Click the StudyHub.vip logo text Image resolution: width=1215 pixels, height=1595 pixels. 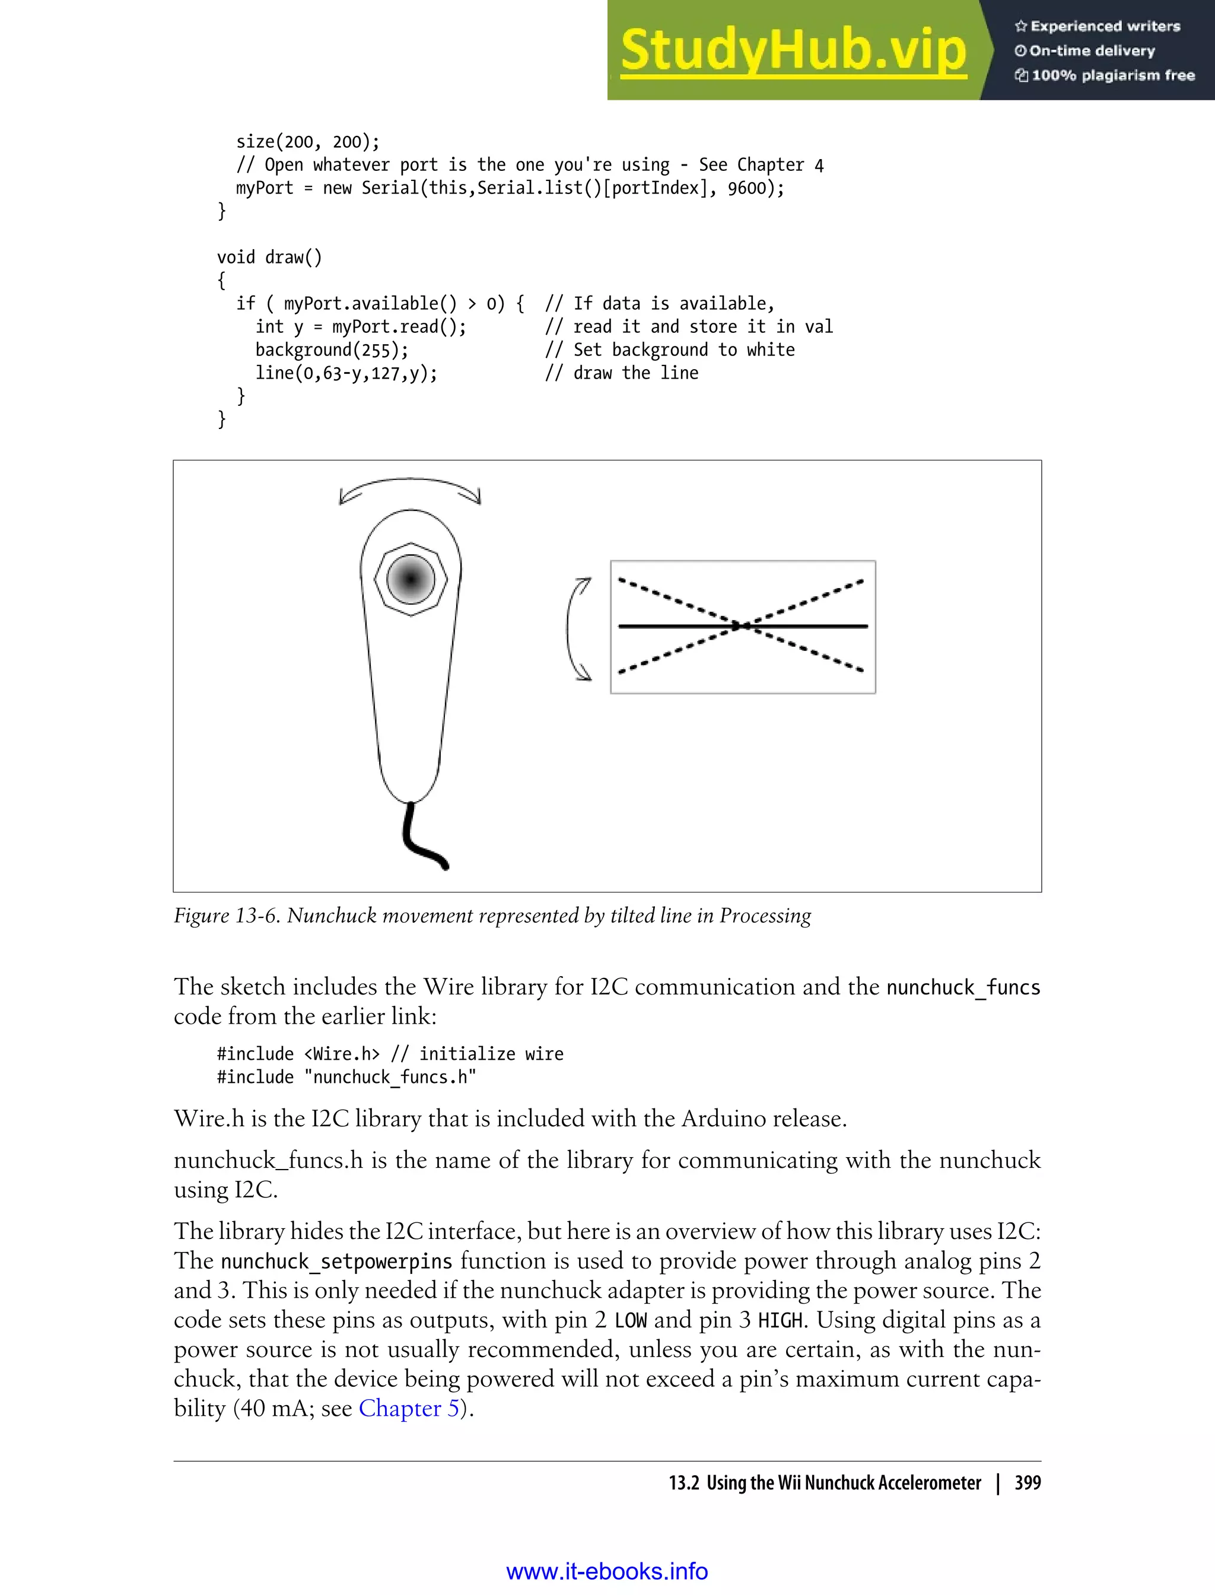pos(793,49)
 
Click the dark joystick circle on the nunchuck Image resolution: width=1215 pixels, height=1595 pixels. pos(411,579)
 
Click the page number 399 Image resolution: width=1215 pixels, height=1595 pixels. pos(1027,1483)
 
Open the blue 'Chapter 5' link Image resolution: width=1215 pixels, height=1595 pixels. pos(409,1407)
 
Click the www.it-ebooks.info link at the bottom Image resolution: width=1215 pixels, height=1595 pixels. pos(607,1571)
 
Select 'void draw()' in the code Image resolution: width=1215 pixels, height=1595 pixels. pos(269,258)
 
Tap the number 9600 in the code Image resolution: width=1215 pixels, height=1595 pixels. pos(746,188)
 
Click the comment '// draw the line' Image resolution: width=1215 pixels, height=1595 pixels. pos(621,373)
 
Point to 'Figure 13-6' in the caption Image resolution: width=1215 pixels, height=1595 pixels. pos(225,916)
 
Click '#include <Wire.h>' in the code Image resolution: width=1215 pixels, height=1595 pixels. pos(298,1054)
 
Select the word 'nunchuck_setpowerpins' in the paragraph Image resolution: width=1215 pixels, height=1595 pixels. pos(336,1262)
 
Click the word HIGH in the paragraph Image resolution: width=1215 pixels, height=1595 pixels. pos(780,1320)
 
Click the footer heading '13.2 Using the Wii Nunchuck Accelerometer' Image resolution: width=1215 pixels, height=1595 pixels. pos(825,1483)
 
